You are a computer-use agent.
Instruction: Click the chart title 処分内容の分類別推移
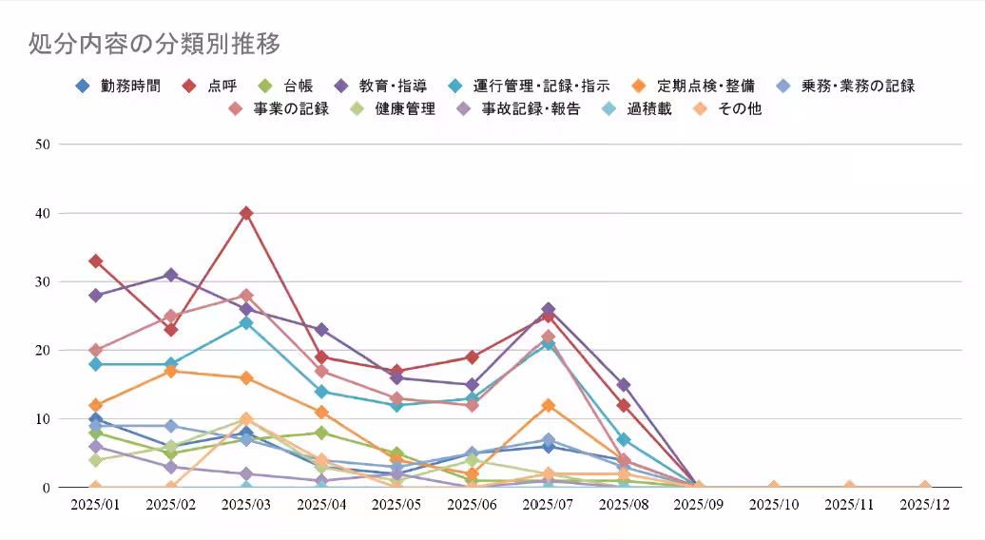(x=155, y=45)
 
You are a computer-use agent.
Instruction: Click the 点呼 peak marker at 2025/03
(x=246, y=213)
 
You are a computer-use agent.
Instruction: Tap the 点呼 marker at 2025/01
(x=95, y=260)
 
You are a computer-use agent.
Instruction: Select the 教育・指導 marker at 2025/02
(x=171, y=275)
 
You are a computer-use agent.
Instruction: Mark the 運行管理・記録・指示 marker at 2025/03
(x=246, y=322)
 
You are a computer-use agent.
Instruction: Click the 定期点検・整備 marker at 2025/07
(x=548, y=405)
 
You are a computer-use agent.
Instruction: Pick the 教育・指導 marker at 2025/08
(x=623, y=385)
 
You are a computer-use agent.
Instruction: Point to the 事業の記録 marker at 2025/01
(x=95, y=350)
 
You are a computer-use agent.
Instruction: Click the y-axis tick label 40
(x=42, y=213)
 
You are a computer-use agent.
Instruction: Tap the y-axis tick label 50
(x=42, y=145)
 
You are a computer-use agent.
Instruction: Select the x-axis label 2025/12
(x=924, y=504)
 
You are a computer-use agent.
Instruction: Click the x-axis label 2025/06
(x=473, y=504)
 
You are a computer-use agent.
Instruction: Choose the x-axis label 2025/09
(x=698, y=504)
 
